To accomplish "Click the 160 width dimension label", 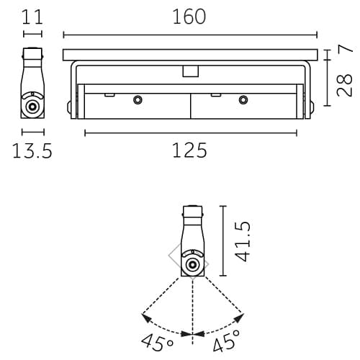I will pyautogui.click(x=189, y=17).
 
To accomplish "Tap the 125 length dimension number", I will pyautogui.click(x=189, y=150).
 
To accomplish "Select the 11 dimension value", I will pyautogui.click(x=32, y=17).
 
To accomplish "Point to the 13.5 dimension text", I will pyautogui.click(x=32, y=151).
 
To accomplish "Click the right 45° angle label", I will pyautogui.click(x=227, y=341).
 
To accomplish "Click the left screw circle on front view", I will pyautogui.click(x=138, y=99).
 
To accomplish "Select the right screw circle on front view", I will pyautogui.click(x=243, y=99).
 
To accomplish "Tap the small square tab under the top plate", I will pyautogui.click(x=190, y=71).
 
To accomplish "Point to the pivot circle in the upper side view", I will pyautogui.click(x=32, y=107).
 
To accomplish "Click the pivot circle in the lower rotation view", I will pyautogui.click(x=192, y=265).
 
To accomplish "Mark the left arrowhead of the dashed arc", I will pyautogui.click(x=145, y=314).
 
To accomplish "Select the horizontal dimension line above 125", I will pyautogui.click(x=190, y=132).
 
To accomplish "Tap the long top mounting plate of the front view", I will pyautogui.click(x=190, y=55).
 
